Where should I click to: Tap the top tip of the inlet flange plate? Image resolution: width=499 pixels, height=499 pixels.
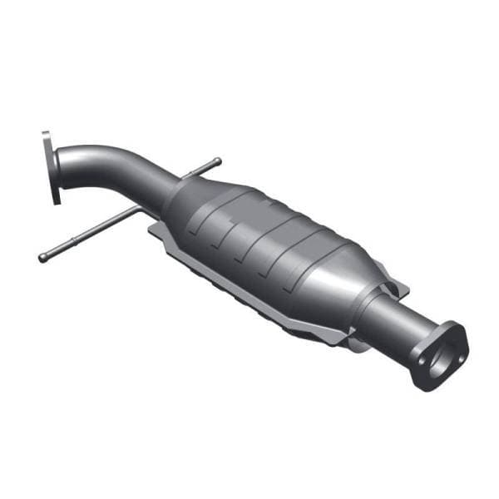click(45, 134)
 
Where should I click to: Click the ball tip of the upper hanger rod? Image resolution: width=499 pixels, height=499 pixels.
click(217, 161)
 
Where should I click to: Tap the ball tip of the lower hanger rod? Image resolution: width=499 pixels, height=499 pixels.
click(42, 258)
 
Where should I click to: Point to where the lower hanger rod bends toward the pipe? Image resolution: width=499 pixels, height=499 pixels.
click(133, 215)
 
